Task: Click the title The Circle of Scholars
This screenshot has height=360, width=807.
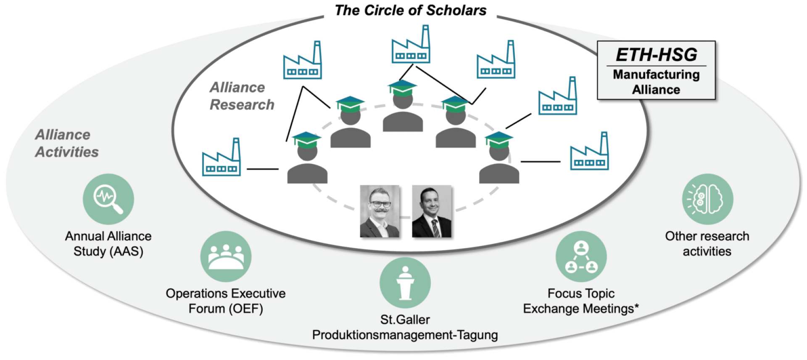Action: tap(410, 11)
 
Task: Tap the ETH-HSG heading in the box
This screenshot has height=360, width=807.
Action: tap(656, 55)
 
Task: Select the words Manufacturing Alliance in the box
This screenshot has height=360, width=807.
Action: tap(656, 82)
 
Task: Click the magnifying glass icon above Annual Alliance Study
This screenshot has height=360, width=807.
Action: tap(108, 199)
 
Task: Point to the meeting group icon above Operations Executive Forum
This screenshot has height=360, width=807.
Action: tap(226, 256)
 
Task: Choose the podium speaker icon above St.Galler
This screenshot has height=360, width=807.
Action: tap(405, 283)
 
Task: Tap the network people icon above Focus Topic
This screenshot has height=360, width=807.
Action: tap(581, 256)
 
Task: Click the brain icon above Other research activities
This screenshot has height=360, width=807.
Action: tap(707, 199)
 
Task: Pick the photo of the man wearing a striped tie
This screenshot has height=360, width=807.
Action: tap(433, 212)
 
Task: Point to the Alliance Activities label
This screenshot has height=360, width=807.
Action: tap(66, 143)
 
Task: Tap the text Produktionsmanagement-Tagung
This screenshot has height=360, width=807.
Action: tap(405, 335)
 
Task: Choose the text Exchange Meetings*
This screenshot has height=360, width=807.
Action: tap(581, 308)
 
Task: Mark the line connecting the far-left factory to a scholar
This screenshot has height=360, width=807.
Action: tap(262, 169)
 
